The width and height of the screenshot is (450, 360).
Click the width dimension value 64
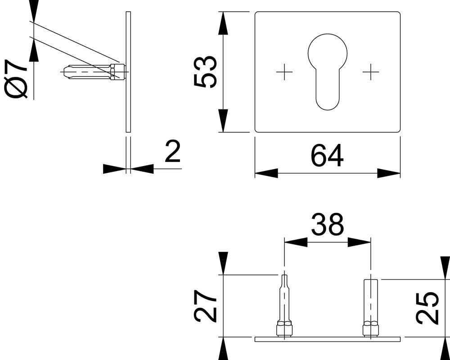coord(327,156)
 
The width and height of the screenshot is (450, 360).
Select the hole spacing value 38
coord(327,224)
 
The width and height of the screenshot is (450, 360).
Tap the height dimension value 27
coord(205,306)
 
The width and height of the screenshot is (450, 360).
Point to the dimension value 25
coord(427,308)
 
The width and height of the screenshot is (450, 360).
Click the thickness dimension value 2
coord(173,152)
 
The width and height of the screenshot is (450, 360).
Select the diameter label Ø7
coord(16,79)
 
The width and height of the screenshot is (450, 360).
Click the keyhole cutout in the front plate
coord(328,72)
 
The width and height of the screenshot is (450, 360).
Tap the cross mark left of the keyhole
coord(284,72)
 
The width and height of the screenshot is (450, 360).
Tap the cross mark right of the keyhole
coord(371,72)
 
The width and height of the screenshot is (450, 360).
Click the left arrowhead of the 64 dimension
coord(266,173)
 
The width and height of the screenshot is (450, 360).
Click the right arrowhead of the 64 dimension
coord(389,173)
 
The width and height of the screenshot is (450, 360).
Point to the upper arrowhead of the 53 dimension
coord(223,23)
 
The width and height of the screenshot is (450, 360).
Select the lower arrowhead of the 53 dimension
coord(223,121)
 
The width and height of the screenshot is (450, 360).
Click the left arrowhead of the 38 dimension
coord(296,242)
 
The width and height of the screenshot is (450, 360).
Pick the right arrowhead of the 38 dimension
coord(359,242)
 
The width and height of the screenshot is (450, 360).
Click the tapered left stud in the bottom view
coord(284,306)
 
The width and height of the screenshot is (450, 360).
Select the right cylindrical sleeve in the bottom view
coord(371,308)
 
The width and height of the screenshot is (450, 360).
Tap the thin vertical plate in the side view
coord(128,72)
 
